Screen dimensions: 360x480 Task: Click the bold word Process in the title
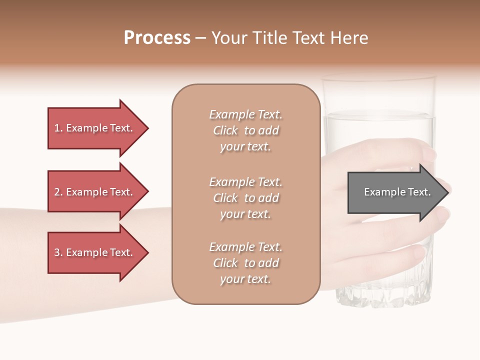click(157, 38)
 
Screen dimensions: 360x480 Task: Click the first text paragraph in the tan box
click(245, 130)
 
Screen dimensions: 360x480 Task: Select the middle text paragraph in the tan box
click(245, 198)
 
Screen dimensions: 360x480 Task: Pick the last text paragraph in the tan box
click(245, 263)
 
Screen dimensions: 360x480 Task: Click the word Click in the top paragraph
click(225, 130)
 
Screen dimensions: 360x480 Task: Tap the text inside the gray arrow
click(397, 192)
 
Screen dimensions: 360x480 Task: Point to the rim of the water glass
click(378, 78)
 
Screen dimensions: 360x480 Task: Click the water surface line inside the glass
click(378, 116)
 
